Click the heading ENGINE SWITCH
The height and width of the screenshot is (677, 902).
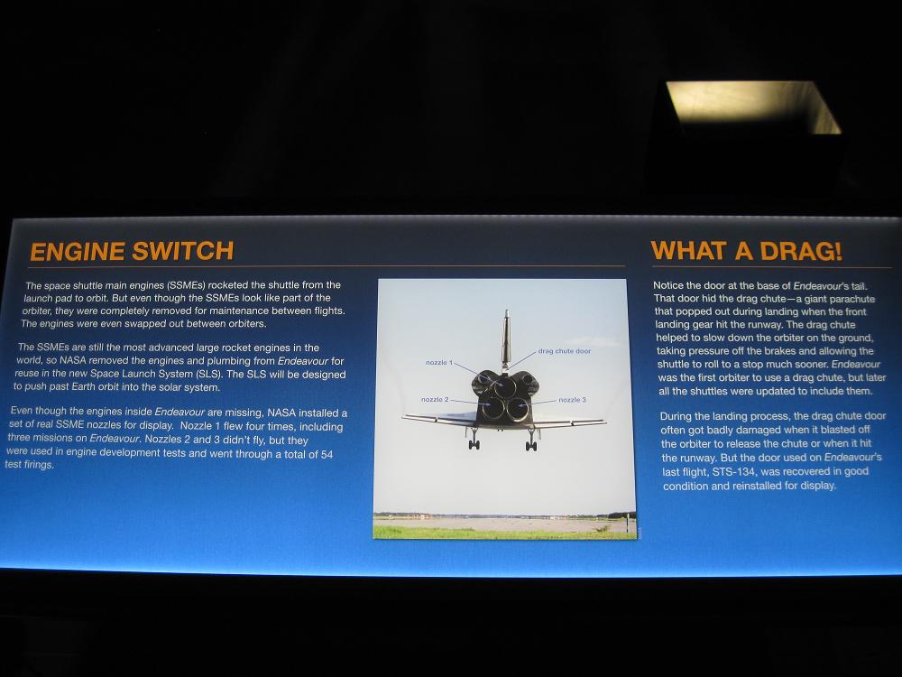click(x=132, y=251)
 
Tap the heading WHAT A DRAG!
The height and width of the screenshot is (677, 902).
click(x=746, y=251)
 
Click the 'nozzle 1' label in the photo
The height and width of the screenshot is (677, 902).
click(x=439, y=362)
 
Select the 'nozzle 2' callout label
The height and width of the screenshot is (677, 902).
click(x=435, y=400)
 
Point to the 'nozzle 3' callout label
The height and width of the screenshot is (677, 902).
click(x=573, y=400)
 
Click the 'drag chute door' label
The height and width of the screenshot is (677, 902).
click(x=565, y=350)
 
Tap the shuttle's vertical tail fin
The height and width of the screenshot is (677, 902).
click(x=506, y=339)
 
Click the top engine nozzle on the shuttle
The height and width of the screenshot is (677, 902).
click(x=504, y=387)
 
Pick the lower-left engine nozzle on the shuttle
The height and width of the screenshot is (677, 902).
click(x=493, y=408)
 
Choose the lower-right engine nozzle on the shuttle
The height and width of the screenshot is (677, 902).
click(x=517, y=409)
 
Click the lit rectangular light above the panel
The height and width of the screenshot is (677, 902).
click(x=752, y=107)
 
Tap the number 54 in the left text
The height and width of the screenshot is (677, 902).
click(x=327, y=454)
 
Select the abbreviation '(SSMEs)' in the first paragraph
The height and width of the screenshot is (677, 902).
click(x=187, y=285)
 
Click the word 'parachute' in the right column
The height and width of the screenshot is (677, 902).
click(x=851, y=299)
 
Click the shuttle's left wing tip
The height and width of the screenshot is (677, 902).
click(x=403, y=417)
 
